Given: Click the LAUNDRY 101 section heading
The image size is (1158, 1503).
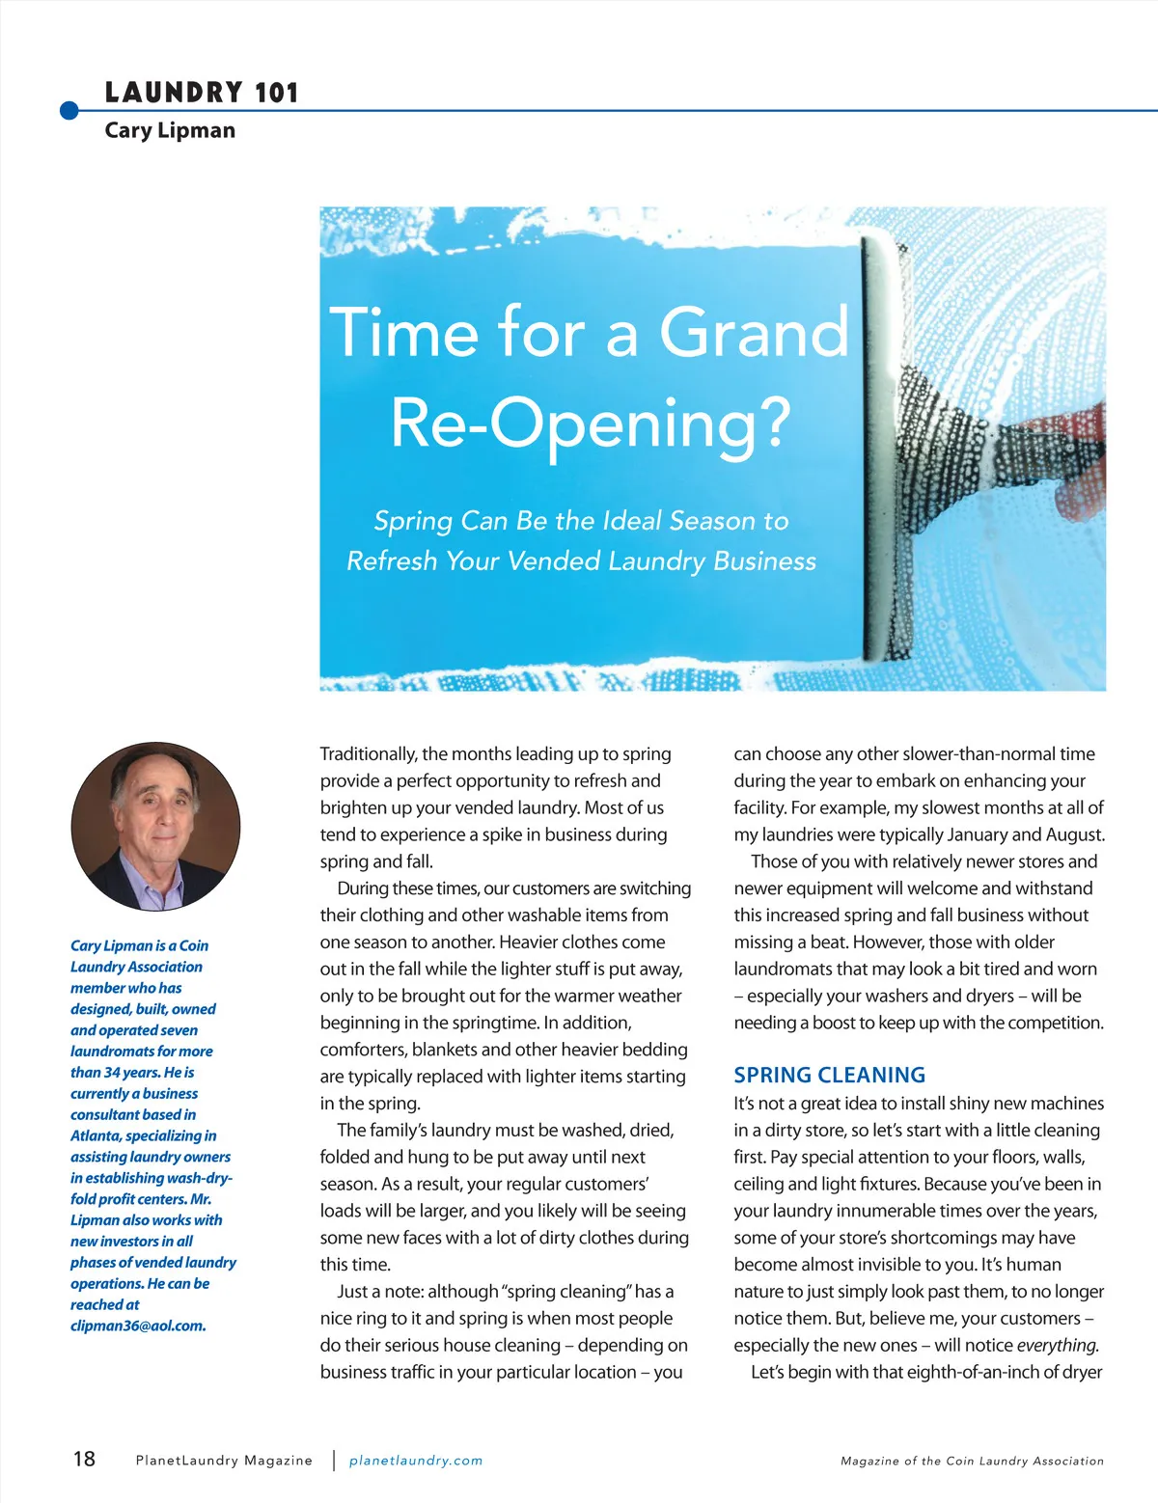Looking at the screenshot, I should (x=202, y=93).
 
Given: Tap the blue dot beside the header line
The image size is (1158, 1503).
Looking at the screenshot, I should (x=69, y=111).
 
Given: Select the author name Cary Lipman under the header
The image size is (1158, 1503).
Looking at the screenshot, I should (x=170, y=130).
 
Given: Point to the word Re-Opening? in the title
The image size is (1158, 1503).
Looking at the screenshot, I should (x=591, y=423).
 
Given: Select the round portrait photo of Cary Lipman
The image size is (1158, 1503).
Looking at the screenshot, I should (x=155, y=827).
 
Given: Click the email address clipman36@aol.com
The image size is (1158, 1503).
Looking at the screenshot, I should (x=137, y=1325).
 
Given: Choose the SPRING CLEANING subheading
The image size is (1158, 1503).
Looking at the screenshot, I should (x=829, y=1075).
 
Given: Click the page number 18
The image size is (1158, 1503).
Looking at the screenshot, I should (x=84, y=1459).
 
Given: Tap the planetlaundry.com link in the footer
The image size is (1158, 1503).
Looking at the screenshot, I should (x=416, y=1461).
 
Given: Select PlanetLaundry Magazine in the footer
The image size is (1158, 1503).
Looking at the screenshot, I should (x=224, y=1461).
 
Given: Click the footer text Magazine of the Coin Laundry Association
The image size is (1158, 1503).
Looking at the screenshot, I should (x=972, y=1462).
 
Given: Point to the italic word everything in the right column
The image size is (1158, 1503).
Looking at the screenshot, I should (x=1058, y=1345).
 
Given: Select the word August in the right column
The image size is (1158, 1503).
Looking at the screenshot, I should (x=1073, y=834).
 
